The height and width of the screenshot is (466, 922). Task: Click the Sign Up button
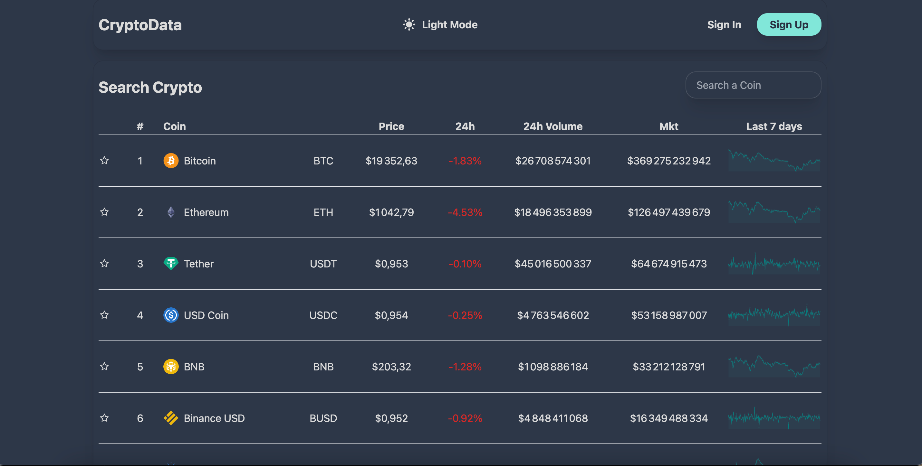(789, 25)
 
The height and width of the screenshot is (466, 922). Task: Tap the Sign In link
(724, 25)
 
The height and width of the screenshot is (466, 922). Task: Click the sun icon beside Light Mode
(409, 25)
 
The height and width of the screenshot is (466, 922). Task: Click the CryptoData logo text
(140, 25)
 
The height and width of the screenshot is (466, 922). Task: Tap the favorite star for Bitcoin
(104, 161)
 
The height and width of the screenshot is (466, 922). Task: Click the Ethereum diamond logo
(171, 212)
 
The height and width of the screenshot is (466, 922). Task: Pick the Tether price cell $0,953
(391, 264)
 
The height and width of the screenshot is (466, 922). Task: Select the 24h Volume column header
(552, 126)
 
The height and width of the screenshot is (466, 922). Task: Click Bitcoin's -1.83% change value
(465, 161)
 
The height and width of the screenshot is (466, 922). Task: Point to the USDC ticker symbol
(323, 315)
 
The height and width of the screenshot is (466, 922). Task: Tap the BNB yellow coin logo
(171, 367)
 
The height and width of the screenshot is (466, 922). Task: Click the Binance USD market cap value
(668, 418)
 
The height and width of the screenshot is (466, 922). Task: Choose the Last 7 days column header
(773, 126)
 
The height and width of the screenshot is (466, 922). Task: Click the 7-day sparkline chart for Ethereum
(774, 212)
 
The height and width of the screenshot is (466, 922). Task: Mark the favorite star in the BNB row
(104, 367)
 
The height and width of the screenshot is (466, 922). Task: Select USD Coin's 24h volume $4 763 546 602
(552, 315)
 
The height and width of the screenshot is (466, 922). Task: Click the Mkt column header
(668, 126)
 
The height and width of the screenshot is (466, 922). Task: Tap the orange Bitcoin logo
(171, 161)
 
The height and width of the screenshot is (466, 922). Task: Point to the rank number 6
(140, 418)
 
